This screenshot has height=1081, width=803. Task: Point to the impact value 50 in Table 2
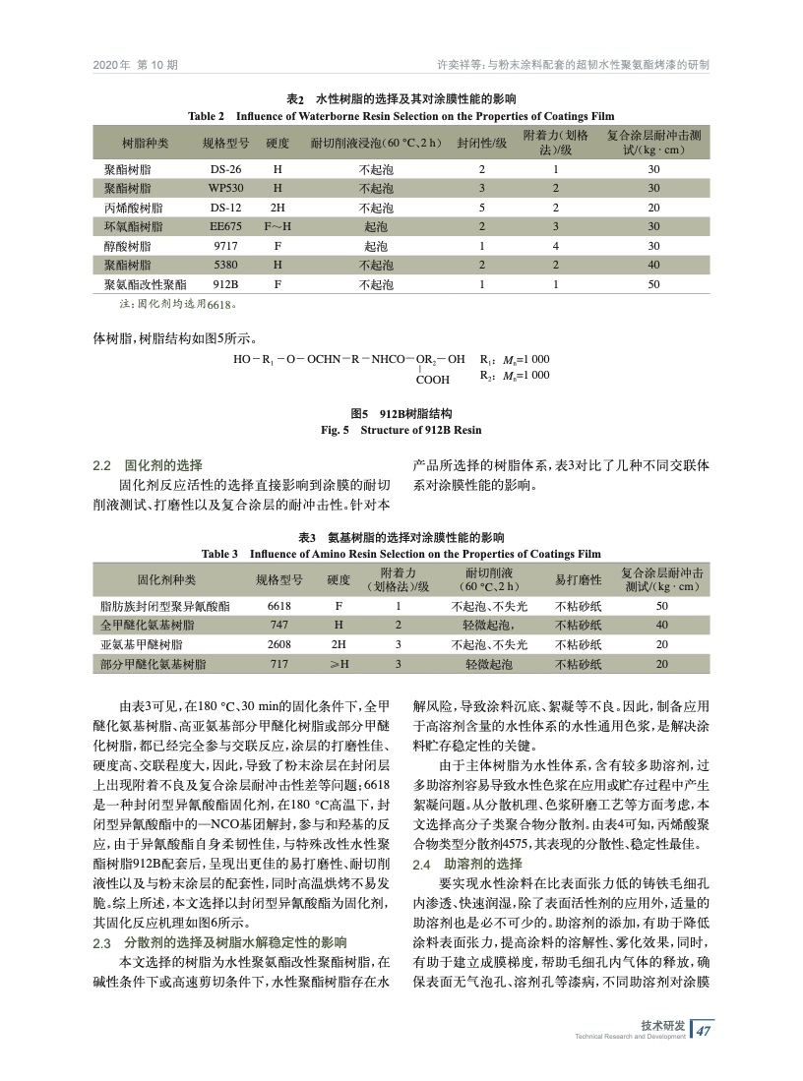pyautogui.click(x=653, y=283)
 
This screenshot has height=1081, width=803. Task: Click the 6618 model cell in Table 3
pyautogui.click(x=278, y=607)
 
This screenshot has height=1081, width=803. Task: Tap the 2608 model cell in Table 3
pyautogui.click(x=278, y=644)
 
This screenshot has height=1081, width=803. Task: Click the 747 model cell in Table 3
pyautogui.click(x=278, y=626)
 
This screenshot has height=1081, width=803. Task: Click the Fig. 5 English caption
pyautogui.click(x=401, y=430)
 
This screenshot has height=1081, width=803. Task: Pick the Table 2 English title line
pyautogui.click(x=401, y=115)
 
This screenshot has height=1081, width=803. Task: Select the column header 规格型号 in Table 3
pyautogui.click(x=278, y=579)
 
